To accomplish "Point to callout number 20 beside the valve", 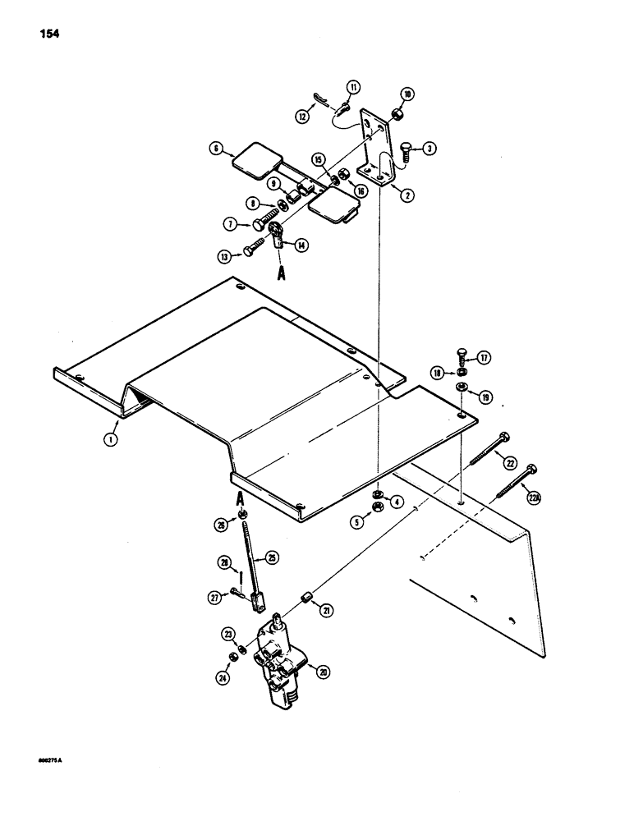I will coord(323,671).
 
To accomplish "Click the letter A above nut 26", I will coord(241,498).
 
